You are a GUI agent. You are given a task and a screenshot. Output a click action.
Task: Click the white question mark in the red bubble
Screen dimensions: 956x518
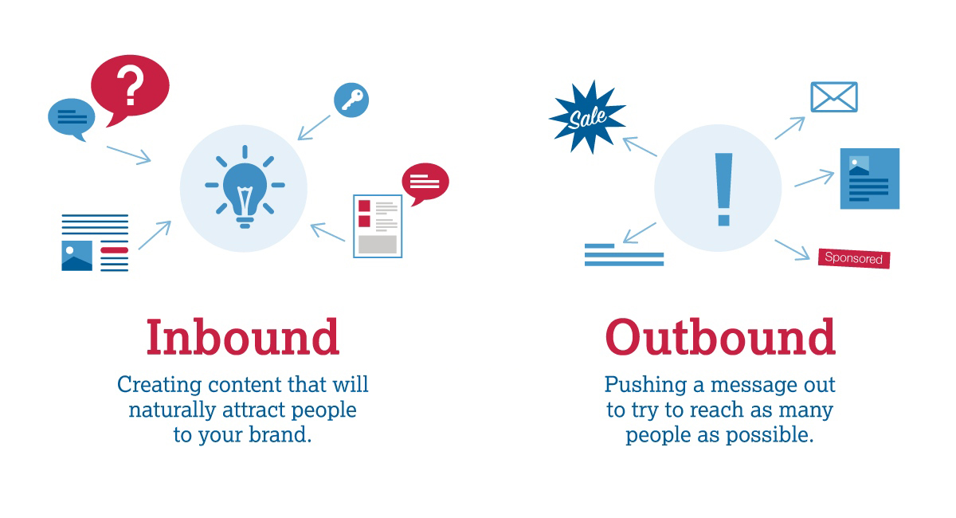tap(131, 84)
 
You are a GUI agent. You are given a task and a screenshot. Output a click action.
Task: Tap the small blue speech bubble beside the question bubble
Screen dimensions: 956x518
tap(71, 118)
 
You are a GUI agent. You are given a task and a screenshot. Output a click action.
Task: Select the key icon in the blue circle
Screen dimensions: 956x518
tap(351, 100)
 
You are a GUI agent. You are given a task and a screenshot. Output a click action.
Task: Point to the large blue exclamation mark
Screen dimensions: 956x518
tap(723, 189)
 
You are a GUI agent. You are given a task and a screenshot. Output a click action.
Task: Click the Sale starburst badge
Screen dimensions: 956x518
tap(587, 117)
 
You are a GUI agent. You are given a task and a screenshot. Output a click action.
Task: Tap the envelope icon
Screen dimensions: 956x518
tap(834, 97)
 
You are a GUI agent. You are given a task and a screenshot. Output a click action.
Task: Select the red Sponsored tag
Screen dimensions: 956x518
tap(853, 258)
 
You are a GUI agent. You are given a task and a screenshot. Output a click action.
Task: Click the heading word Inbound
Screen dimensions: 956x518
tap(243, 337)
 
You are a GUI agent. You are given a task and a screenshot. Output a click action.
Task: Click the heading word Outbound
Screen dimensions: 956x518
tap(720, 337)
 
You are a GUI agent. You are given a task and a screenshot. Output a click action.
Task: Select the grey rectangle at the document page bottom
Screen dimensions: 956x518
tap(378, 245)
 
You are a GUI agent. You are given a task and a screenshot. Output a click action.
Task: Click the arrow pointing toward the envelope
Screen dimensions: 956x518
tap(790, 128)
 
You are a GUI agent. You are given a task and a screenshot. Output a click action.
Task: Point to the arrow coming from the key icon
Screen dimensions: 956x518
tap(314, 128)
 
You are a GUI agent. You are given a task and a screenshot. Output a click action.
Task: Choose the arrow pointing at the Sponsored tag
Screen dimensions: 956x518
tap(792, 249)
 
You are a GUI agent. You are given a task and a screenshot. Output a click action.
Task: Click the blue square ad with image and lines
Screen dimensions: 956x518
tap(870, 179)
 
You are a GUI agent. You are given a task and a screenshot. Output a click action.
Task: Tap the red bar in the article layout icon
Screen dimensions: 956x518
tap(115, 250)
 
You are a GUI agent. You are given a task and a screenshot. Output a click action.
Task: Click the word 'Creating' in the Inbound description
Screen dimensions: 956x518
tap(159, 386)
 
